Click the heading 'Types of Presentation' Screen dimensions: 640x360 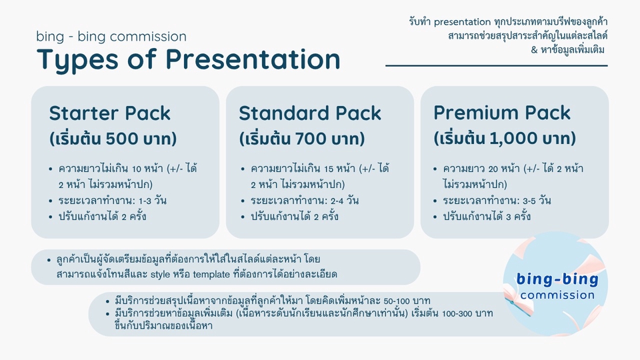[x=189, y=60]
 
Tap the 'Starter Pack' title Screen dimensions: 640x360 [x=110, y=113]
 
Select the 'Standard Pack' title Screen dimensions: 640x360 [x=310, y=113]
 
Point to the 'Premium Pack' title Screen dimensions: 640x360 [x=501, y=113]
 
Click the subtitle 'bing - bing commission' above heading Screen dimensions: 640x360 [x=111, y=36]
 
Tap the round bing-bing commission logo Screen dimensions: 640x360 [x=555, y=284]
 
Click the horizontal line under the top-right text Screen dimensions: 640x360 [x=496, y=65]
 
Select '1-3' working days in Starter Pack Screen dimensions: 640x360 [x=145, y=201]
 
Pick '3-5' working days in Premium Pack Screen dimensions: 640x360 [x=529, y=201]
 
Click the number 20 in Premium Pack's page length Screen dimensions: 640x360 [x=493, y=169]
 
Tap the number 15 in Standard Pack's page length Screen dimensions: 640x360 [x=329, y=169]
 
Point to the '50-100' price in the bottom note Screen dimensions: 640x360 [x=397, y=301]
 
